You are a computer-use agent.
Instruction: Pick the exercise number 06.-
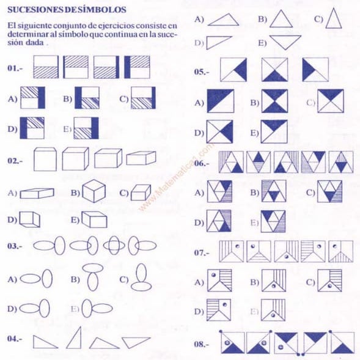(x=202, y=164)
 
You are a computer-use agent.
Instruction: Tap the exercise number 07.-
(x=202, y=252)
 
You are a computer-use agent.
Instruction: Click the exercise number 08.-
(x=202, y=344)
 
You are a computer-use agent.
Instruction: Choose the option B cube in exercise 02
(x=94, y=193)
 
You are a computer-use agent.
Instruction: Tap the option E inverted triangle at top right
(x=285, y=42)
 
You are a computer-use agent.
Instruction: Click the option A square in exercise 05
(x=220, y=101)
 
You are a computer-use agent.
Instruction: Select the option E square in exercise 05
(x=274, y=130)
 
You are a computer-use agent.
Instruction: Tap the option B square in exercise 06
(x=273, y=191)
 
